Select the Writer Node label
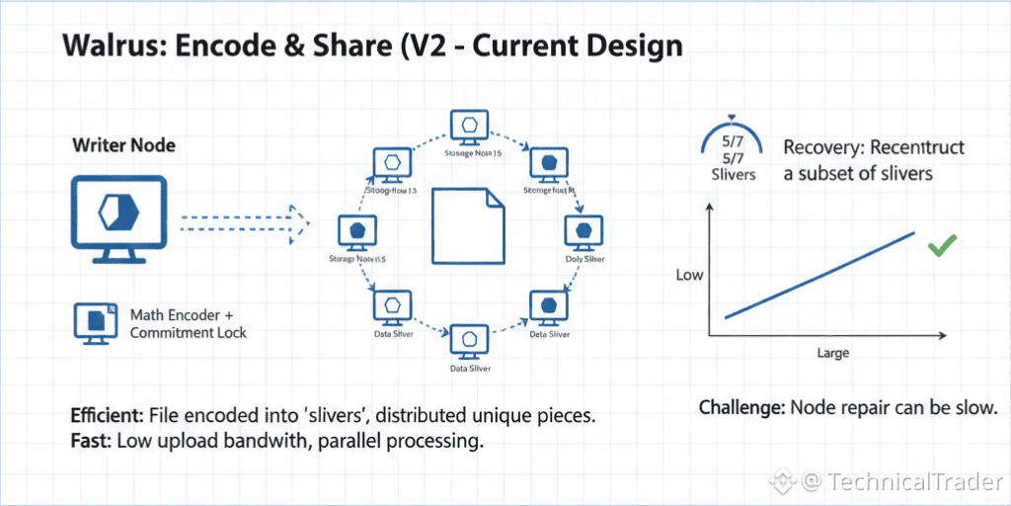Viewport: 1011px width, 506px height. [x=124, y=145]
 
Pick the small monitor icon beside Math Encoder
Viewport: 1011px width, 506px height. [x=95, y=323]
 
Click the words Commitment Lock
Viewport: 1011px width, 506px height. [x=189, y=332]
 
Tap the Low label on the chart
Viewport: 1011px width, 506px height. [x=689, y=274]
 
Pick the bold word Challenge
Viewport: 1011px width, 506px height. [x=739, y=407]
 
